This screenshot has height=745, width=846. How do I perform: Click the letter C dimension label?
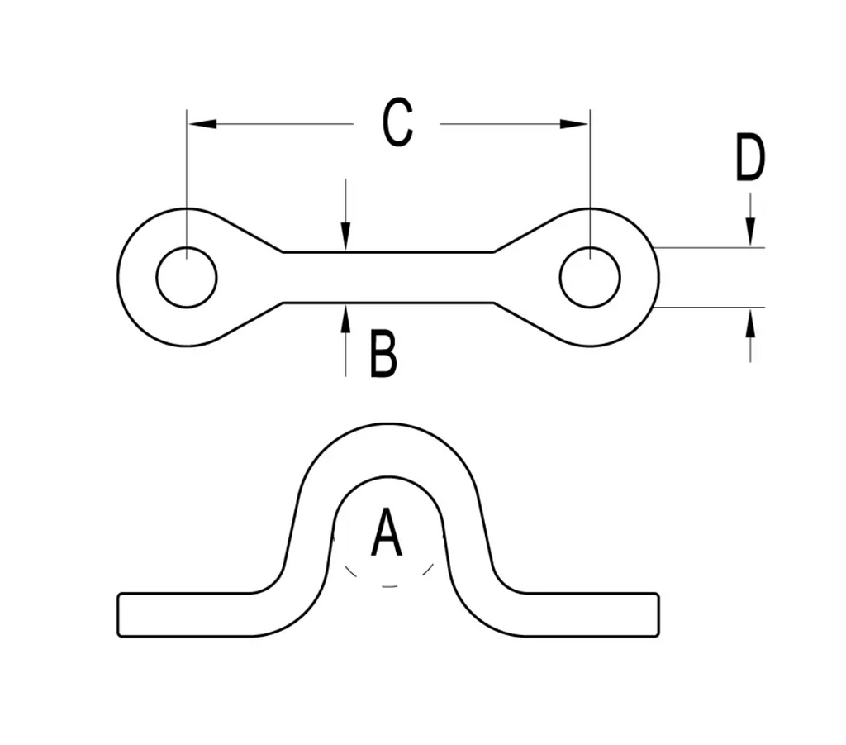(x=397, y=123)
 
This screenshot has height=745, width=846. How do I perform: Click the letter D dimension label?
(x=749, y=159)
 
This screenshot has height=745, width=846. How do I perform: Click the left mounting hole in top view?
(x=187, y=277)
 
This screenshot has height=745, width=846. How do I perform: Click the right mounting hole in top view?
(x=590, y=277)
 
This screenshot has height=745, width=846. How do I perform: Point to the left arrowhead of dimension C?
(x=202, y=124)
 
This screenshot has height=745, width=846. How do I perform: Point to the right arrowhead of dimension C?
(x=574, y=124)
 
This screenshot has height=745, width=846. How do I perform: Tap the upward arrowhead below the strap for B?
(x=345, y=316)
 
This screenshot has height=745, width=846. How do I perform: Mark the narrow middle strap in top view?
(x=388, y=277)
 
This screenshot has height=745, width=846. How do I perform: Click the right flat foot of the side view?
(x=591, y=614)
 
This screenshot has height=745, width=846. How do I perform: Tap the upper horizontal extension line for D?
(x=711, y=247)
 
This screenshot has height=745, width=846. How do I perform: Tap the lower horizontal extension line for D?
(x=711, y=307)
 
